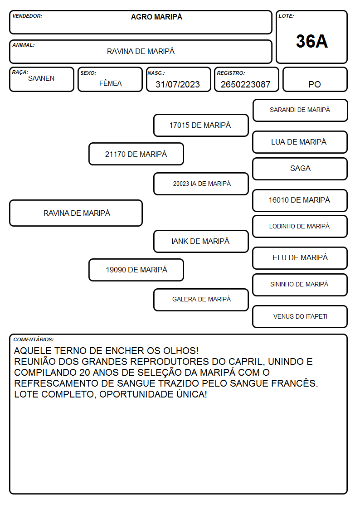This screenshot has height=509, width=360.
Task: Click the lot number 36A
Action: (x=311, y=41)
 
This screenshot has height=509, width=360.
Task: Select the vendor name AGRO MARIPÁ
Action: (x=156, y=17)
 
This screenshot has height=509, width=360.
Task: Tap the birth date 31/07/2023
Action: (x=178, y=84)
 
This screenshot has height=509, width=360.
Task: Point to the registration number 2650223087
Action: (x=245, y=84)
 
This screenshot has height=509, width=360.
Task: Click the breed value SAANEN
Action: (x=41, y=78)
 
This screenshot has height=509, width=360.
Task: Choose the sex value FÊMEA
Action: (x=110, y=83)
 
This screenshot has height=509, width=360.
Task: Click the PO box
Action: (x=315, y=79)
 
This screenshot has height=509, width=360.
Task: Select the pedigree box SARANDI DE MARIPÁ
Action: (x=300, y=111)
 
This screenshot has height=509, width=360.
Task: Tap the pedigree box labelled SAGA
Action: (x=300, y=169)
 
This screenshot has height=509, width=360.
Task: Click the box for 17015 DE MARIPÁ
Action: (x=201, y=125)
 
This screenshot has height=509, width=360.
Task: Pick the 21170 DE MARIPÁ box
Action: (x=136, y=154)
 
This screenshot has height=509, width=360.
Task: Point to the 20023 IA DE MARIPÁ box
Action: (x=201, y=184)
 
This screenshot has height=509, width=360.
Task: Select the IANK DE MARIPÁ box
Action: (x=201, y=241)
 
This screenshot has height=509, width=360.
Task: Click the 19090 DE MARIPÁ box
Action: (x=136, y=270)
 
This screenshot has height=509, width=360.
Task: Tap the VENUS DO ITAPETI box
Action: (x=300, y=316)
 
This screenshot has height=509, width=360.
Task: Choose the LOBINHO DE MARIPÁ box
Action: (x=300, y=226)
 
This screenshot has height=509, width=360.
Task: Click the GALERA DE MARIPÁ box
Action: (x=201, y=300)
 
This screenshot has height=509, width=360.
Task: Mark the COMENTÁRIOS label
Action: (x=34, y=339)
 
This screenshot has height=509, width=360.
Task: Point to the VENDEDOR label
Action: (x=27, y=16)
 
